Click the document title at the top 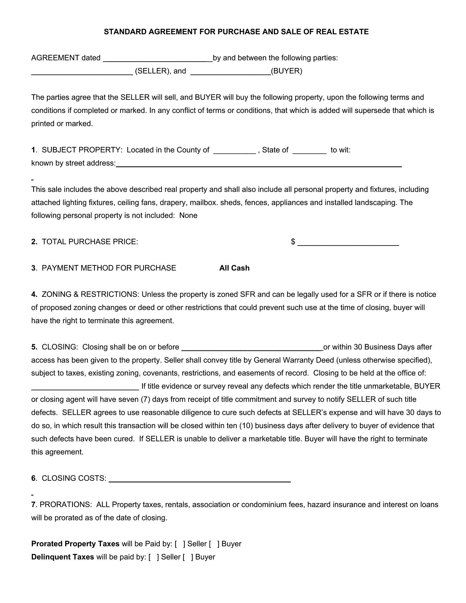tap(236, 32)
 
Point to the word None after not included tap(188, 215)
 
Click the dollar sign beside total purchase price tap(293, 242)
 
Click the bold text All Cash tap(234, 268)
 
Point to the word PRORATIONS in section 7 tap(66, 504)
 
